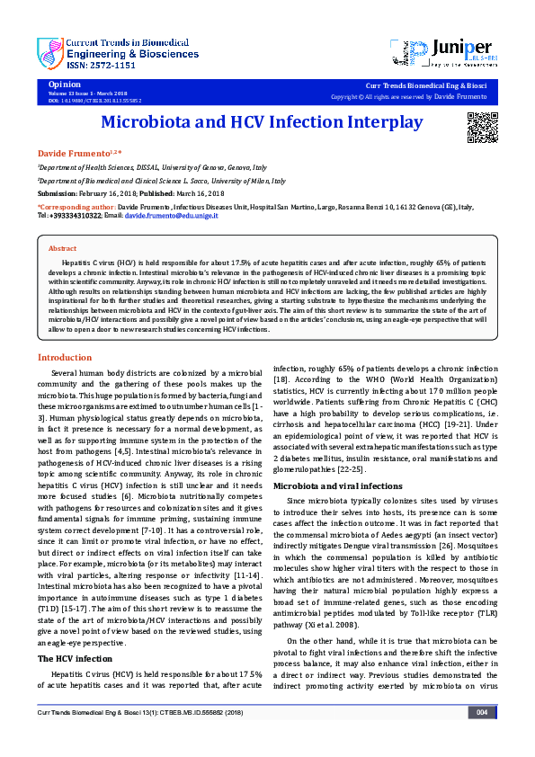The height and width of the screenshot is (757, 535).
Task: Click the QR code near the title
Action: [x=482, y=128]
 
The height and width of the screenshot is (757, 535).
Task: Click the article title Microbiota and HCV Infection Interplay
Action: [x=261, y=122]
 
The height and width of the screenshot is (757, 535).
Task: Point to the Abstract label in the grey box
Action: [x=62, y=248]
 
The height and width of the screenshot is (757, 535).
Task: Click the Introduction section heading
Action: [x=64, y=358]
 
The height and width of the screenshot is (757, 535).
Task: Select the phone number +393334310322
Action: [x=75, y=217]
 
